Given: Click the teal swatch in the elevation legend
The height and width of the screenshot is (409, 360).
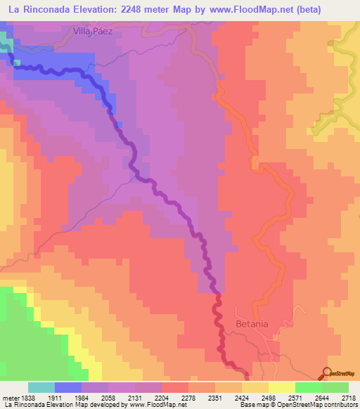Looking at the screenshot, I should [41, 387].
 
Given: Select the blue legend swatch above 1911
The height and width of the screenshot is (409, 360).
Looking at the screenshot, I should [68, 387].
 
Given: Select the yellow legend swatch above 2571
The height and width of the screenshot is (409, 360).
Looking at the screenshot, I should [282, 387].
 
